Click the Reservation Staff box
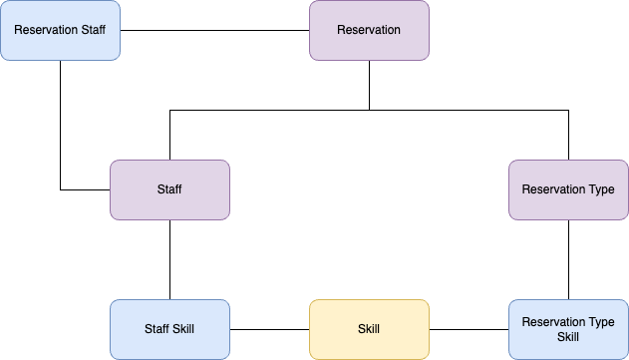coord(60,30)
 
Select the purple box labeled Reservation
coord(369,30)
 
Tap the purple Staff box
coord(169,189)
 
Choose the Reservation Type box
coord(568,189)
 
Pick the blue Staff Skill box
coord(169,329)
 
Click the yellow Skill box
coord(369,329)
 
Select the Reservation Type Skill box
coord(568,329)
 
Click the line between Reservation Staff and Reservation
coord(214,30)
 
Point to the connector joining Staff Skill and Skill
coord(269,329)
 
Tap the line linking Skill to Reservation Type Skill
coord(469,329)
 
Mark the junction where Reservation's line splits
coord(369,110)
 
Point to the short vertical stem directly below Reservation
coord(369,85)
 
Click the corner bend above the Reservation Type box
coord(568,110)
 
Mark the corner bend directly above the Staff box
coord(169,110)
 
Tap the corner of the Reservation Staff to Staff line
coord(60,189)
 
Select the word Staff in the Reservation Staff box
coord(91,30)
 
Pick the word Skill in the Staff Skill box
coord(184,329)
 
